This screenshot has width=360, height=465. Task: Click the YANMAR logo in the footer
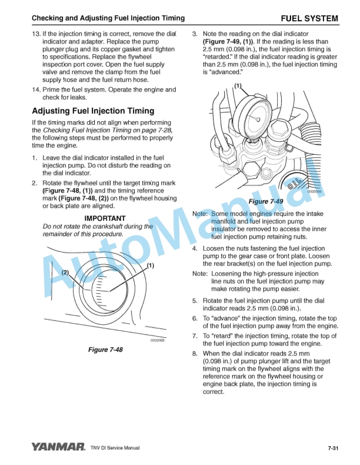click(59, 447)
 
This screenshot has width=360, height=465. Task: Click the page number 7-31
click(333, 448)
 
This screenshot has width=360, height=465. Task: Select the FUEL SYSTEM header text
click(309, 19)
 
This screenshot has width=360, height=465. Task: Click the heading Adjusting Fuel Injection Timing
click(93, 111)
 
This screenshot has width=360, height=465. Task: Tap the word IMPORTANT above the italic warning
click(105, 218)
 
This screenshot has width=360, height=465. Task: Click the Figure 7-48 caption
click(105, 350)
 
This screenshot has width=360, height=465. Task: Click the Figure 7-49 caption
click(265, 201)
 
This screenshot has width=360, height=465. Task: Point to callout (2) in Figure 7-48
click(65, 273)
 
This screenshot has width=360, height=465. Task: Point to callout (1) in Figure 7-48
click(151, 265)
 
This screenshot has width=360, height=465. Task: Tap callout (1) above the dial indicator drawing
click(238, 86)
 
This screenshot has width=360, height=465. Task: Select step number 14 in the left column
click(36, 90)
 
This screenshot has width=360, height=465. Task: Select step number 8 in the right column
click(195, 354)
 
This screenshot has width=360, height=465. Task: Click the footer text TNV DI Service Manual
click(115, 448)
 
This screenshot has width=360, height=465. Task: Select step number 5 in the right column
click(195, 301)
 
